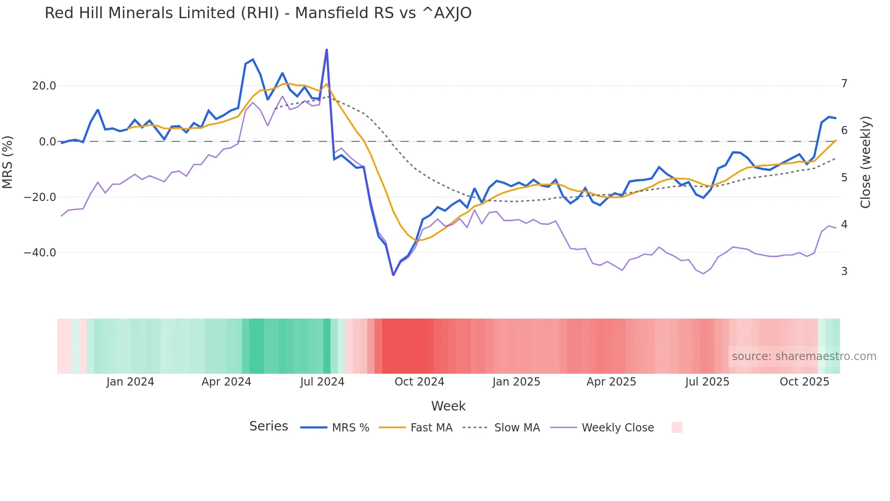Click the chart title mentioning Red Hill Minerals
(x=258, y=13)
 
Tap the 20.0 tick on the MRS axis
(x=44, y=86)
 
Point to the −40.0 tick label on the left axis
(x=40, y=253)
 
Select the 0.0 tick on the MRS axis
(x=48, y=142)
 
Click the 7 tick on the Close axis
(x=844, y=84)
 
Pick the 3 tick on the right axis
(x=844, y=271)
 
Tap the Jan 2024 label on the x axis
(x=130, y=382)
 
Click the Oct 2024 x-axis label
(x=419, y=382)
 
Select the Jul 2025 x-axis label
(x=707, y=382)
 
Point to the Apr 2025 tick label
(x=611, y=382)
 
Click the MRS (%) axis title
(x=8, y=162)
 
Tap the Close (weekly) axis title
(x=865, y=162)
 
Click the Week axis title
(x=448, y=406)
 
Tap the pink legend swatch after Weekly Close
(x=677, y=427)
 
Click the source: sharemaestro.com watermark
(x=804, y=356)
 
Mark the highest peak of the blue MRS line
(x=326, y=50)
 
